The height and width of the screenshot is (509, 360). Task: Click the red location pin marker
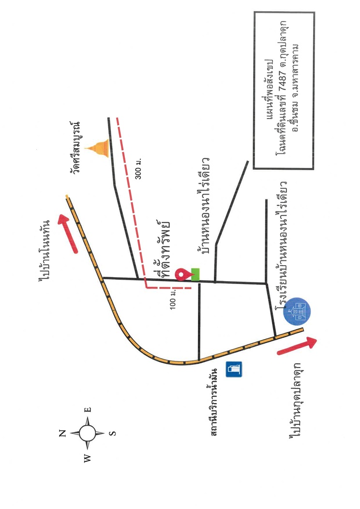(182, 274)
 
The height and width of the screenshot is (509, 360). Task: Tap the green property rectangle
(195, 274)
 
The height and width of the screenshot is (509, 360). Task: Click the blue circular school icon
(297, 311)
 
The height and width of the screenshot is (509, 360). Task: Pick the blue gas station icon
(234, 369)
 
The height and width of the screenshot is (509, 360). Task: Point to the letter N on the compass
(62, 433)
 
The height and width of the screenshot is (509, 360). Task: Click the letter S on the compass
(112, 433)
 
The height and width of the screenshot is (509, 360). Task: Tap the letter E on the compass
(88, 409)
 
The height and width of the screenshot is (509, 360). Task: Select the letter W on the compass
(87, 458)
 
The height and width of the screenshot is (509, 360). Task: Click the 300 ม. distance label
(138, 169)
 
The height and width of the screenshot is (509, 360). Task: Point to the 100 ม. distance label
(173, 299)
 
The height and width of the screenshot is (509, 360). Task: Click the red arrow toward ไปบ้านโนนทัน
(68, 233)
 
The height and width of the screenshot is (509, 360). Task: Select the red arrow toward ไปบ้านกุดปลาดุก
(297, 346)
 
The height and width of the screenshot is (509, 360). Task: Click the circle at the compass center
(87, 433)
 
